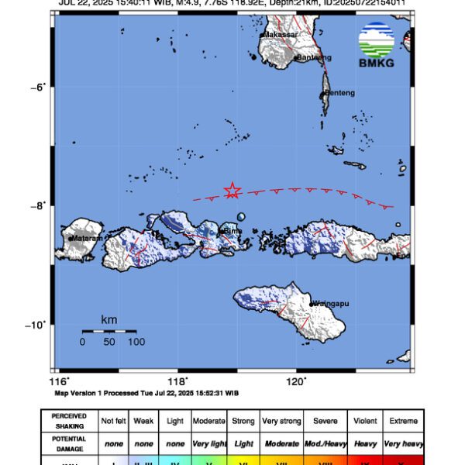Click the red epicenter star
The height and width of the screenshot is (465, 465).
[232, 191]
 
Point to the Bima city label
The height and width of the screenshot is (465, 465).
[233, 231]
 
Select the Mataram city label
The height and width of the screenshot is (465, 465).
[86, 239]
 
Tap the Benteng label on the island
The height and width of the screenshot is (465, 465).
[339, 93]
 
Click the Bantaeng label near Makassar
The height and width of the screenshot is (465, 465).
[314, 57]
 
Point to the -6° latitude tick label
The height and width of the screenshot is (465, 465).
[39, 86]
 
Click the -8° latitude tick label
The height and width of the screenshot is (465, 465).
[39, 205]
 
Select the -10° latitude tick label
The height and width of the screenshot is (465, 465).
[37, 325]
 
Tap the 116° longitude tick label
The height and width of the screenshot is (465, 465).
[59, 381]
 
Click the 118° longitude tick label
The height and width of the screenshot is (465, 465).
[178, 381]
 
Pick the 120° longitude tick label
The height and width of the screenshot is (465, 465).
[298, 381]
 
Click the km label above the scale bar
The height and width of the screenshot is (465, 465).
[109, 319]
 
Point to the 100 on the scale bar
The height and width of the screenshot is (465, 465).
[136, 342]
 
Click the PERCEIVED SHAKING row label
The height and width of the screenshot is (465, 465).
[69, 421]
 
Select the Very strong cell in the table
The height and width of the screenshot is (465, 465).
[281, 421]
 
